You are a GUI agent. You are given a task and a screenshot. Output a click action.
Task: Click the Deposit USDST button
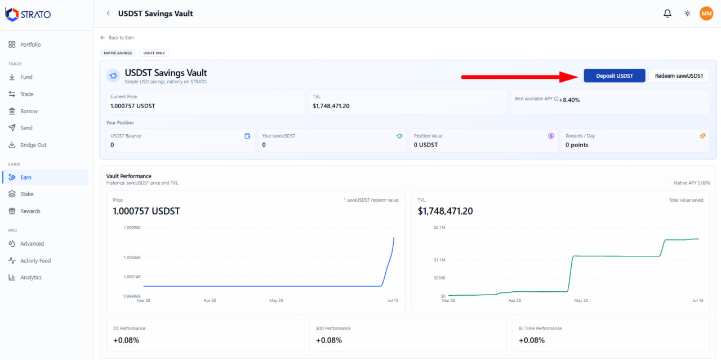click(614, 75)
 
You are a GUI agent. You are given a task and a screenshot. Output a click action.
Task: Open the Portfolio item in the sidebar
click(30, 45)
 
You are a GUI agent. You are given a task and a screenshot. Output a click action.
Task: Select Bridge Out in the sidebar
click(33, 145)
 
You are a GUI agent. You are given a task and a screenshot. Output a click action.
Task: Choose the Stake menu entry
click(26, 194)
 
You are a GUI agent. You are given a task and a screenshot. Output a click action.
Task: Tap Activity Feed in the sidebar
click(35, 260)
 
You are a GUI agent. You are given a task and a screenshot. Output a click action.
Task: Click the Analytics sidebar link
click(31, 277)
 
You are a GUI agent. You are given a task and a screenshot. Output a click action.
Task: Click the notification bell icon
click(667, 14)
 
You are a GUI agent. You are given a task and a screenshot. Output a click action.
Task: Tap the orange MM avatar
click(706, 14)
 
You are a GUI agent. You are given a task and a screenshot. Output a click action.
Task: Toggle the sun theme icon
click(687, 14)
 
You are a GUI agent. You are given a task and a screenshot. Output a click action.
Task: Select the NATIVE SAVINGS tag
click(118, 53)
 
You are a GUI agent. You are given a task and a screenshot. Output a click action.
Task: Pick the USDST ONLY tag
click(154, 53)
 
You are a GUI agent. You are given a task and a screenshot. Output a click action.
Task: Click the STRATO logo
click(28, 15)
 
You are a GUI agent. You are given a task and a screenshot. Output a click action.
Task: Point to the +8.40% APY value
click(569, 100)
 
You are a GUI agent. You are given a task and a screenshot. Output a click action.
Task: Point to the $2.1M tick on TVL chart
click(439, 228)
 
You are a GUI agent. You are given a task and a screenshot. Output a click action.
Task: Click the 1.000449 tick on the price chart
click(132, 257)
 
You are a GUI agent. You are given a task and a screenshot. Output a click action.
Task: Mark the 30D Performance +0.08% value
click(328, 340)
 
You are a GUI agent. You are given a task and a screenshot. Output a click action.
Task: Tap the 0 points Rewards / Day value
click(577, 145)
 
